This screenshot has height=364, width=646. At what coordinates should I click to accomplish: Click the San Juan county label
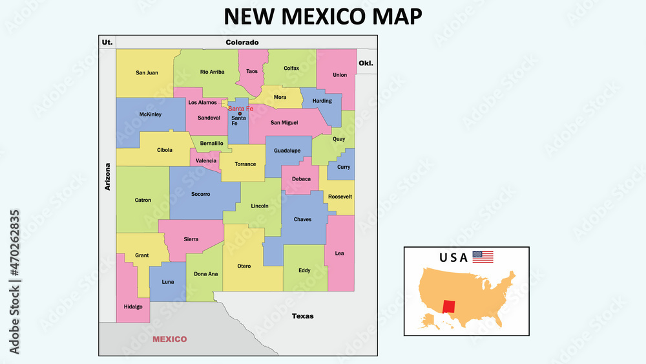tap(147, 72)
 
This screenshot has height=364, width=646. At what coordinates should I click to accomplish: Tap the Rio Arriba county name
tap(213, 72)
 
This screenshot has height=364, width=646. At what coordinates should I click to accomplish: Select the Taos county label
tap(252, 71)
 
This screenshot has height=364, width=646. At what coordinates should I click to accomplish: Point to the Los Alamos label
tap(203, 102)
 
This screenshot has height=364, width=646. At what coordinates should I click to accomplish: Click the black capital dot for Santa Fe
tap(240, 113)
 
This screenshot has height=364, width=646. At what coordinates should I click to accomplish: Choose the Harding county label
tap(322, 101)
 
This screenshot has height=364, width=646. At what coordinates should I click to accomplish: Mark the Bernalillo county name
tap(212, 143)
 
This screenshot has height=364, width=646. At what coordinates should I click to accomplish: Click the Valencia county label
tap(205, 160)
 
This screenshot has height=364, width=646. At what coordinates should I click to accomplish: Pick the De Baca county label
tap(301, 178)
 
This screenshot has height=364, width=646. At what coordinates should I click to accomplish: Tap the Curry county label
tap(344, 167)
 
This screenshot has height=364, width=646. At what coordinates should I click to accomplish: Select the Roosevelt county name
tap(340, 196)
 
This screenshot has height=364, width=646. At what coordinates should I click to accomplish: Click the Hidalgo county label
tap(133, 306)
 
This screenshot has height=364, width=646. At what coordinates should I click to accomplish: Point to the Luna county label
tap(168, 282)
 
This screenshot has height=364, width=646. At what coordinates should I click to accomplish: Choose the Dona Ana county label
tap(206, 273)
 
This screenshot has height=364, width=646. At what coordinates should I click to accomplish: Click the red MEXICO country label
tap(169, 339)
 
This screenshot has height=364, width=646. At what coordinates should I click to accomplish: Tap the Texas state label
tap(302, 316)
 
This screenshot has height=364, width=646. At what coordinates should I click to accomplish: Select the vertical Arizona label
tap(108, 176)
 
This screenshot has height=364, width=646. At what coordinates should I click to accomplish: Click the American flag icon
tap(483, 257)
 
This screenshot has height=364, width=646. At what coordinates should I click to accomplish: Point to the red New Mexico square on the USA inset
tap(449, 306)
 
